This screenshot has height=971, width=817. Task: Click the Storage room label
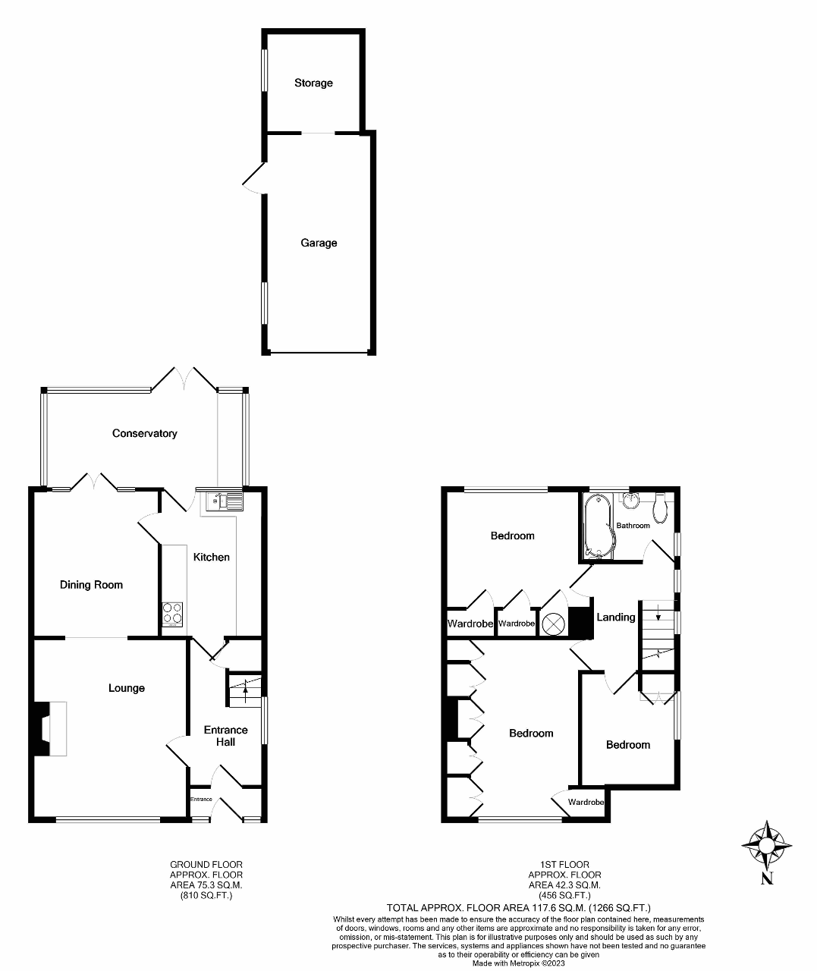(x=313, y=83)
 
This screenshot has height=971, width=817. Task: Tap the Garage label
(x=319, y=243)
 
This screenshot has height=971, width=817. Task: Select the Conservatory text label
(x=145, y=433)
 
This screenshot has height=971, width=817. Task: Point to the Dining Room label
(x=91, y=585)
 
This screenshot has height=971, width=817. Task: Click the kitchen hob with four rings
(x=172, y=614)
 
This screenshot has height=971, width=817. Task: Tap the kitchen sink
(x=224, y=501)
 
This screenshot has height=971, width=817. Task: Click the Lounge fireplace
(x=49, y=729)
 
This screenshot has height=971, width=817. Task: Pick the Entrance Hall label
(x=225, y=736)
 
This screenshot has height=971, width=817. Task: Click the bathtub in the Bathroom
(x=599, y=526)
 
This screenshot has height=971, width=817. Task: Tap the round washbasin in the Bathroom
(x=630, y=501)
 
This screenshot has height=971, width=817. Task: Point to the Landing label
(x=616, y=617)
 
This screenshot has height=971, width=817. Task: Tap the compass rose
(x=767, y=844)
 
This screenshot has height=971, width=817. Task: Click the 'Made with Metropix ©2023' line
(x=518, y=963)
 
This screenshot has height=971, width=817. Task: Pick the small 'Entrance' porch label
(x=201, y=800)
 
